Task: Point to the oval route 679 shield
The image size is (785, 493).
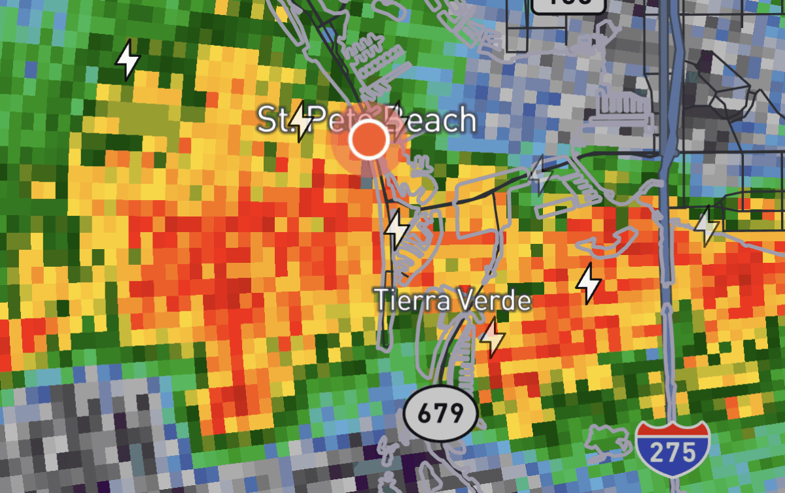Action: [x=440, y=413]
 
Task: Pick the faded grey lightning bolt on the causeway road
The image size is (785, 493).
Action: [x=540, y=175]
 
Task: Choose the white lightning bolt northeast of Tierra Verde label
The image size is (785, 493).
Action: [x=588, y=283]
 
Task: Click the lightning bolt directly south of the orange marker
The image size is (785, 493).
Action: [x=396, y=229]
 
